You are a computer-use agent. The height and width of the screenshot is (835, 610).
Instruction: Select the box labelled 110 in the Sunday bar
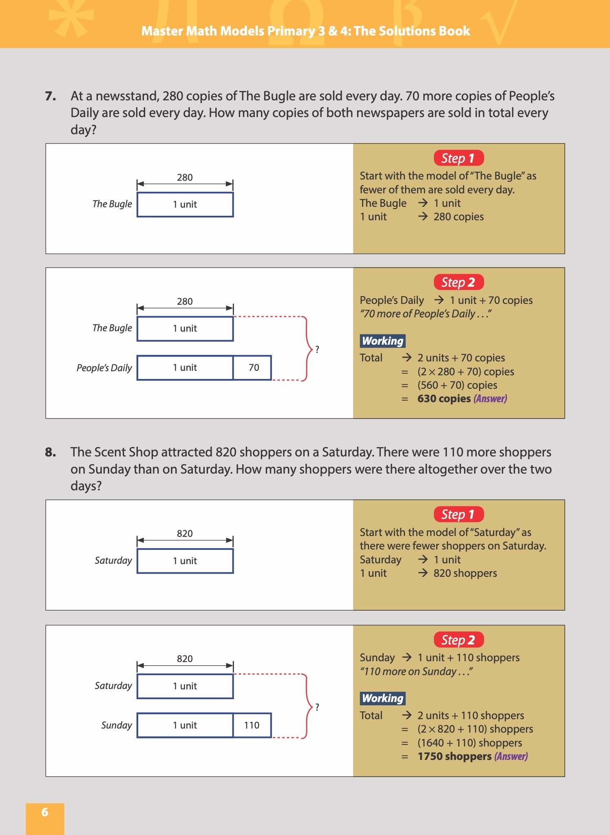[x=252, y=725]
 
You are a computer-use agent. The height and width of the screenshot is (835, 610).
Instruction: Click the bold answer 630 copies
[x=444, y=399]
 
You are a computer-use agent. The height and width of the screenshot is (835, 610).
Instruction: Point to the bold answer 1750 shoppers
[x=454, y=756]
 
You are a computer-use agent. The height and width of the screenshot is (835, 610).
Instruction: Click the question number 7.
[x=51, y=96]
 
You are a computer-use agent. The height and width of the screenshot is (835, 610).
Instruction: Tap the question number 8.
[x=51, y=452]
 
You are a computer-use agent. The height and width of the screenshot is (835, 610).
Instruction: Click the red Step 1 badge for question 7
[x=458, y=158]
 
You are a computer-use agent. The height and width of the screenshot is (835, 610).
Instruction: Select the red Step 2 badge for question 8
[x=458, y=640]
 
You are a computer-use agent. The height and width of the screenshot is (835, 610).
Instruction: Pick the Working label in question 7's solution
[x=382, y=341]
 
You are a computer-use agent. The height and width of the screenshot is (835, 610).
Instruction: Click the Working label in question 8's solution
[x=382, y=698]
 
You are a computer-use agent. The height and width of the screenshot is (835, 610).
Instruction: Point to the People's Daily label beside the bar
[x=104, y=368]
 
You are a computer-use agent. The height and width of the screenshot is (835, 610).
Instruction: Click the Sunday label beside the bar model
[x=117, y=725]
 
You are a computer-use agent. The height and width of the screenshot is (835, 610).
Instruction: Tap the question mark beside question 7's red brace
[x=317, y=349]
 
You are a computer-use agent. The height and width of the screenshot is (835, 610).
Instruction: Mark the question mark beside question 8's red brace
[x=317, y=707]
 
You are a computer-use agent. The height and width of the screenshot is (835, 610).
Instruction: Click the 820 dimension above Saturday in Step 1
[x=185, y=534]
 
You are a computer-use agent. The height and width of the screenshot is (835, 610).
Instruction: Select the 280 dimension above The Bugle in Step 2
[x=185, y=301]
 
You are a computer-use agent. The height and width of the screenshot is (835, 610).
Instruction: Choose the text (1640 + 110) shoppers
[x=469, y=743]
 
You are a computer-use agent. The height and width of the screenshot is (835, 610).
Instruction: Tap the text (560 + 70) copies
[x=457, y=385]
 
